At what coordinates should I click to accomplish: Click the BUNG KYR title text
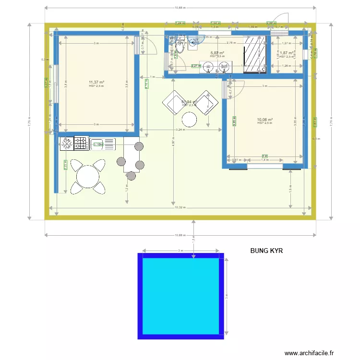(270, 251)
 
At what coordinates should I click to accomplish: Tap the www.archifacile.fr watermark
(314, 353)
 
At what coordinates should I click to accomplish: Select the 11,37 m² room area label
(96, 83)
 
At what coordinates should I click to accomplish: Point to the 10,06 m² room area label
(264, 120)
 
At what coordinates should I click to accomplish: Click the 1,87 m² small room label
(286, 53)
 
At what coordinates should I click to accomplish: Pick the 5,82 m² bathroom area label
(217, 53)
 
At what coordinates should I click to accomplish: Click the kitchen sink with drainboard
(103, 144)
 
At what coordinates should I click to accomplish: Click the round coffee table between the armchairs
(190, 119)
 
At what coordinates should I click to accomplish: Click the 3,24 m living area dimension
(180, 130)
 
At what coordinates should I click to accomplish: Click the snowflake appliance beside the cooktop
(66, 143)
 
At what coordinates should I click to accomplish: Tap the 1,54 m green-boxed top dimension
(216, 23)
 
